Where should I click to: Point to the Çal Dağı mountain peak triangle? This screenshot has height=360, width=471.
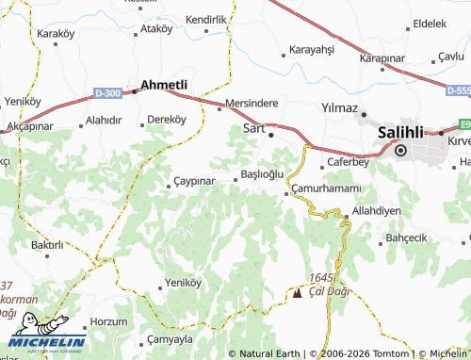pyautogui.click(x=299, y=293)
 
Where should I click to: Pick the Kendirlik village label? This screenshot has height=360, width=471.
pyautogui.click(x=206, y=19)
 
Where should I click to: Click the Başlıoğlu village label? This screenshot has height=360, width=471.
pyautogui.click(x=263, y=175)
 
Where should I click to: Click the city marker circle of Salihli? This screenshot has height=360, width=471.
pyautogui.click(x=399, y=150)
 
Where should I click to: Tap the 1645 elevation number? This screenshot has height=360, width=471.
pyautogui.click(x=321, y=278)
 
